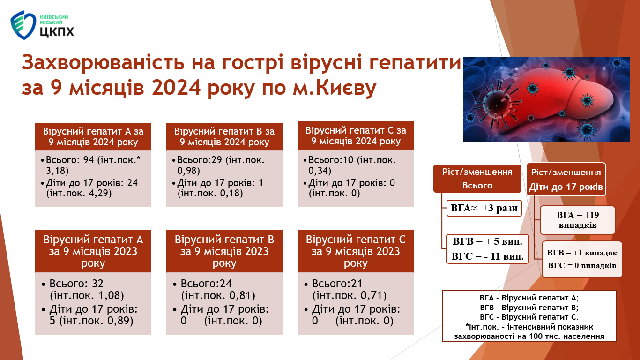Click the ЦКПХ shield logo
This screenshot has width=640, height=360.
23,25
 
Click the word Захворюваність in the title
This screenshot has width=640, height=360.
103,62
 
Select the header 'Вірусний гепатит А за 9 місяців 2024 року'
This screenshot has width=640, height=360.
93,137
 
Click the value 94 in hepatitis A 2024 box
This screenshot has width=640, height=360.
89,159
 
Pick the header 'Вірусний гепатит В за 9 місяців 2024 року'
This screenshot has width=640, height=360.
224,137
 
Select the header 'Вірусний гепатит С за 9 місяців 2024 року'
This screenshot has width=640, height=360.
356,136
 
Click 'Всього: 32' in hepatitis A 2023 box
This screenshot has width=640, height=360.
76,284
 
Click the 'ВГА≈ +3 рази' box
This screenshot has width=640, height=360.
484,208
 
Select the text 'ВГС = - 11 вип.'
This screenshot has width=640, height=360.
487,256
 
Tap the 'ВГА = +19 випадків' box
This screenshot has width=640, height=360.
577,220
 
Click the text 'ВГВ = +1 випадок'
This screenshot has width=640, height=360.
582,253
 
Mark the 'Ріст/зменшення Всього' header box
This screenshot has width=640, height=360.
477,179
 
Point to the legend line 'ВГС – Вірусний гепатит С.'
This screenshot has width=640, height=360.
529,317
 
